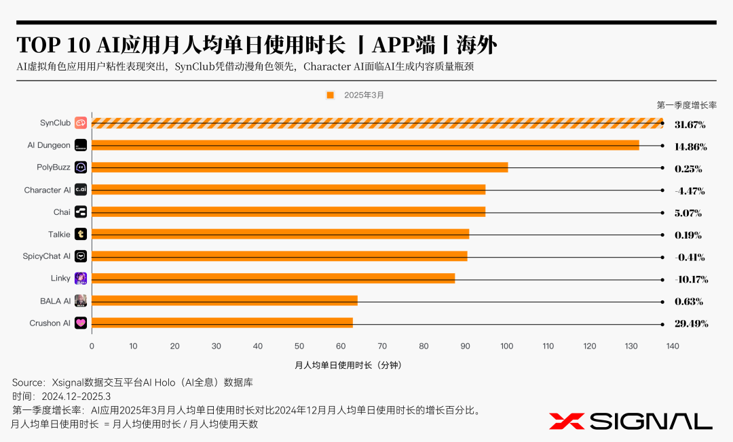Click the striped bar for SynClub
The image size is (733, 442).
pyautogui.click(x=377, y=123)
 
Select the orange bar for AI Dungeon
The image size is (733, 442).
pyautogui.click(x=365, y=145)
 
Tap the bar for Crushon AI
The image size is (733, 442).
pyautogui.click(x=222, y=323)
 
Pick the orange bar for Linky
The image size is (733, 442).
pyautogui.click(x=273, y=278)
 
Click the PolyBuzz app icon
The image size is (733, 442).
pyautogui.click(x=81, y=167)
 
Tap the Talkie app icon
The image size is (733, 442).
pyautogui.click(x=81, y=234)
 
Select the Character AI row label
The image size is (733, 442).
pyautogui.click(x=48, y=190)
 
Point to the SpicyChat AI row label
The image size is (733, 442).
pyautogui.click(x=46, y=256)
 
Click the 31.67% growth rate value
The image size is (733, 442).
pyautogui.click(x=690, y=125)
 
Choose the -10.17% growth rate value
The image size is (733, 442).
pyautogui.click(x=690, y=279)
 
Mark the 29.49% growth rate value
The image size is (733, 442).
pyautogui.click(x=690, y=324)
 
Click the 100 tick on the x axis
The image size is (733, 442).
pyautogui.click(x=507, y=346)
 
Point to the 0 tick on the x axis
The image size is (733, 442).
pyautogui.click(x=92, y=346)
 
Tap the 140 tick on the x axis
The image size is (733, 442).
pyautogui.click(x=673, y=346)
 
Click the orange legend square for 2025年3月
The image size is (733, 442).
pyautogui.click(x=331, y=96)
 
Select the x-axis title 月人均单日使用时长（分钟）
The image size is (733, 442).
pyautogui.click(x=348, y=365)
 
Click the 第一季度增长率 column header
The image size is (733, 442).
pyautogui.click(x=686, y=105)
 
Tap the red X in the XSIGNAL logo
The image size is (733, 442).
pyautogui.click(x=566, y=421)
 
